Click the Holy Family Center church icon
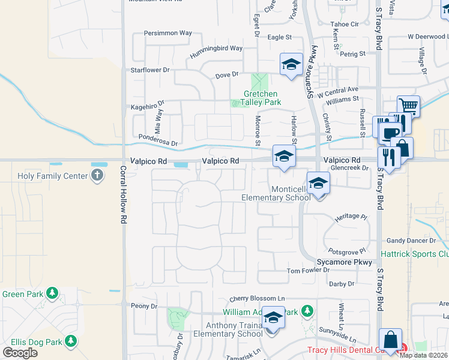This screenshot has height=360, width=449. click(97, 176)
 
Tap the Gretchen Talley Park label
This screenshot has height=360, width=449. click(261, 98)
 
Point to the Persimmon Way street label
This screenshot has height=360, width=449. click(168, 33)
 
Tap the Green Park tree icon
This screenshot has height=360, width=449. click(53, 293)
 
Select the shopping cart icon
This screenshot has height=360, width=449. click(408, 106)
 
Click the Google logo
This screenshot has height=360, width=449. click(20, 352)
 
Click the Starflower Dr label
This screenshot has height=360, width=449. click(150, 70)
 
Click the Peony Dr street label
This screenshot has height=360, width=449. click(144, 306)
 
